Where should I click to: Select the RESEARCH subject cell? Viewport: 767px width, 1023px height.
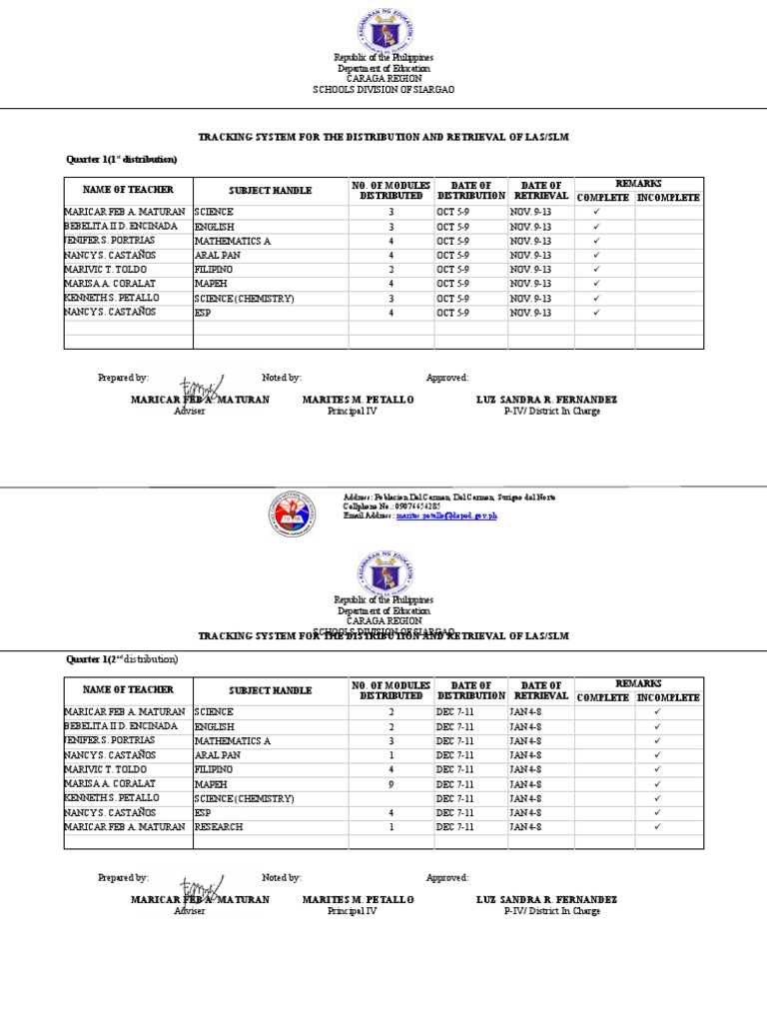(219, 827)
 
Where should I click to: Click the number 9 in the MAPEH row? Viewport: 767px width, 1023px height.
(391, 784)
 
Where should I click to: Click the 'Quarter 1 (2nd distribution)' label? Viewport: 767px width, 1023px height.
(122, 659)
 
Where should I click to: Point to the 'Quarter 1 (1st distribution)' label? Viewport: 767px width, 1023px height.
(121, 159)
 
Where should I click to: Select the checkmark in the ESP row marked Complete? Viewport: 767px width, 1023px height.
(596, 313)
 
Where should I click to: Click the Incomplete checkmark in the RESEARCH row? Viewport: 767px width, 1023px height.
(657, 827)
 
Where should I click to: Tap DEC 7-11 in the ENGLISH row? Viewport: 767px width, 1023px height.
(456, 726)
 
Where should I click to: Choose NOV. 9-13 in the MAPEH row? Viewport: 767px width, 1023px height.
(530, 284)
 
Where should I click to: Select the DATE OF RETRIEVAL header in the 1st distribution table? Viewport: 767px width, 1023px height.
(540, 190)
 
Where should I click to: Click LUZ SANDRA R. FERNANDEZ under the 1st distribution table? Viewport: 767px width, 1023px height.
(546, 400)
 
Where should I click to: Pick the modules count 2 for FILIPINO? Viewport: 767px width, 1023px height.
(391, 270)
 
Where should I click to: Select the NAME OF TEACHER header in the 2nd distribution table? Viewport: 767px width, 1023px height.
(128, 689)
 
